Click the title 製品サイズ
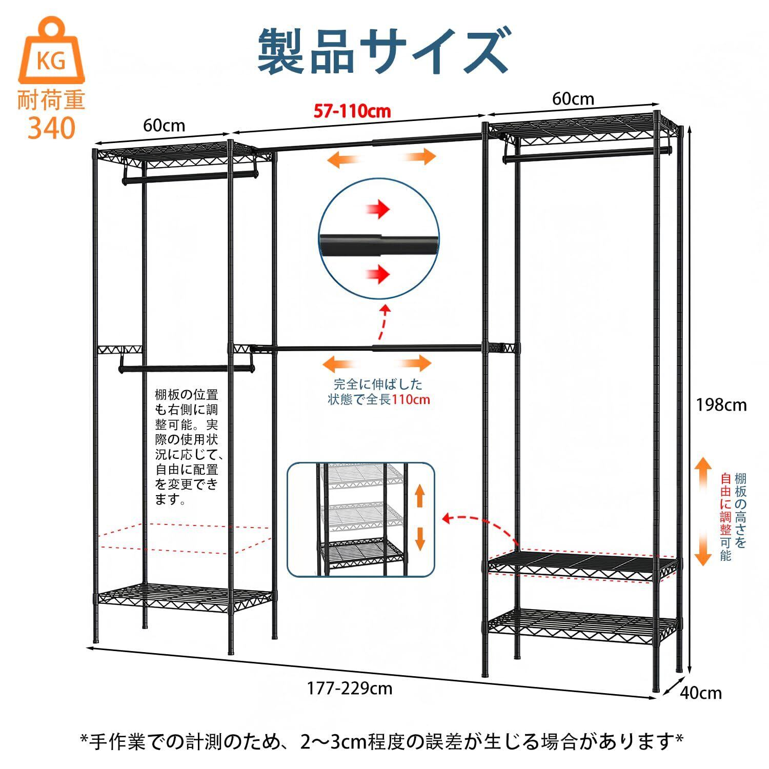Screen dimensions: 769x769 [383, 51]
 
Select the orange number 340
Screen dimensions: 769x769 [51, 128]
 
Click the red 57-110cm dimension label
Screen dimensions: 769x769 [352, 111]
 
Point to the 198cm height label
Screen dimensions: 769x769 [721, 405]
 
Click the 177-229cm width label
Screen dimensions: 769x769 [350, 687]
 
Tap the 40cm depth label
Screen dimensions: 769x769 [701, 693]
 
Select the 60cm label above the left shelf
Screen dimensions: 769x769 [164, 125]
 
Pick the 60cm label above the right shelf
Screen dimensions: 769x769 [573, 98]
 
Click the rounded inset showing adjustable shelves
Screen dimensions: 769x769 [360, 519]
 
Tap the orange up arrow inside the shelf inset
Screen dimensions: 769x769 [419, 496]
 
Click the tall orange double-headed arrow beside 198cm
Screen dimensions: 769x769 [703, 511]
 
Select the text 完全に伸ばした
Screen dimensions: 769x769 [378, 383]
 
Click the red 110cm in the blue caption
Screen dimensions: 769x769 [411, 399]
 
